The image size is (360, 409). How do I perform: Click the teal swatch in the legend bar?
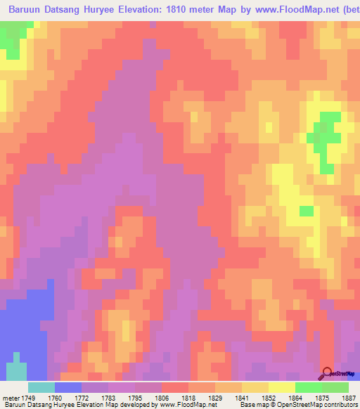[x=41, y=387]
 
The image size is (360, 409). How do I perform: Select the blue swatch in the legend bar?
[x=68, y=387]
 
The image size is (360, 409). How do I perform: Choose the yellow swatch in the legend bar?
[x=282, y=387]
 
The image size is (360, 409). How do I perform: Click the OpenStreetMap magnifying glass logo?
[x=327, y=373]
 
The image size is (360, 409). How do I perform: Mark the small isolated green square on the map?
[x=306, y=211]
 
